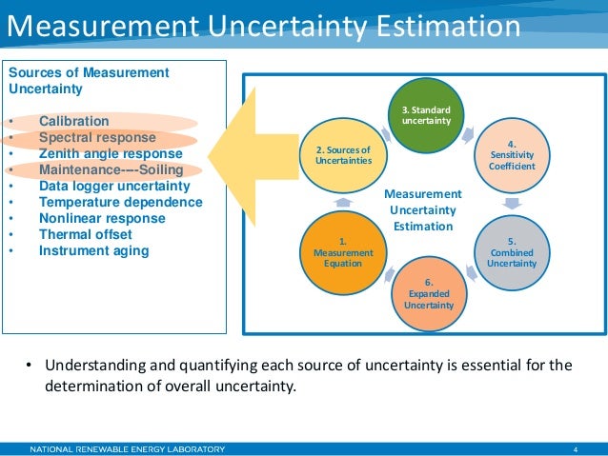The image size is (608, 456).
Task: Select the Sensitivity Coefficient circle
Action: [513, 154]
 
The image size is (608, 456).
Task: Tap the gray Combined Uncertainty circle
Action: [512, 250]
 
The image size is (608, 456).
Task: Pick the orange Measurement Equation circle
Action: [343, 251]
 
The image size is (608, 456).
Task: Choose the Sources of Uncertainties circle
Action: [343, 154]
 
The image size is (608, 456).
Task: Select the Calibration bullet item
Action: [73, 122]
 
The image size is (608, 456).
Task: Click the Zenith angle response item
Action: [110, 154]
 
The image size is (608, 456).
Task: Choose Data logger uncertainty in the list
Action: [114, 187]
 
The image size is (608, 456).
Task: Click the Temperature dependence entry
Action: [120, 203]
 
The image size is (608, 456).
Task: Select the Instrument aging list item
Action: [93, 251]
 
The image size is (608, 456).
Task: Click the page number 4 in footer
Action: [576, 448]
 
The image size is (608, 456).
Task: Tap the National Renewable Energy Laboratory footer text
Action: [128, 448]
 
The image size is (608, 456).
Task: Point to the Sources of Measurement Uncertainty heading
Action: [88, 81]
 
